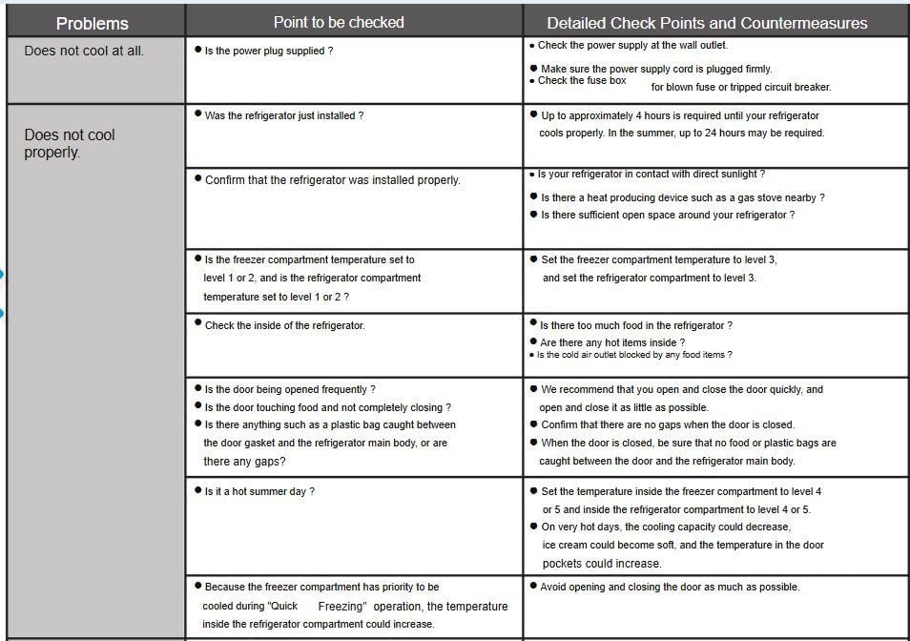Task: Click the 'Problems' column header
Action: [93, 23]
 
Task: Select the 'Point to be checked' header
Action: [339, 22]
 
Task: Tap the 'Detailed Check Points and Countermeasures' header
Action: [707, 23]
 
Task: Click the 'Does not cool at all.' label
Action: [84, 51]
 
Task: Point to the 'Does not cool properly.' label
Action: [70, 143]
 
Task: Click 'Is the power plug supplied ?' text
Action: [268, 51]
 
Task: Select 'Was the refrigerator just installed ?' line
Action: [283, 115]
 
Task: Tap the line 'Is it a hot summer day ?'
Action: [259, 491]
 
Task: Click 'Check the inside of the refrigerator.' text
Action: [284, 325]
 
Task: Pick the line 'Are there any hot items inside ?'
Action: [611, 342]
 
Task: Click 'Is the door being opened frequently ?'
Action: [290, 389]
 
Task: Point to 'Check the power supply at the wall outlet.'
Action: [632, 45]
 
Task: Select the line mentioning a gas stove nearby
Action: [682, 197]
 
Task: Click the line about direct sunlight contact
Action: [651, 175]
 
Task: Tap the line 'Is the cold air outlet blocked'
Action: [633, 355]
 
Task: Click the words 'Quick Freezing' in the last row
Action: [319, 606]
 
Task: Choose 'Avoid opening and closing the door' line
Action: [670, 587]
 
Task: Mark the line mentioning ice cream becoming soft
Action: [682, 545]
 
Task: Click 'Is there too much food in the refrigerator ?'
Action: [635, 325]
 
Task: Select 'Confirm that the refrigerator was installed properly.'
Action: [332, 179]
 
